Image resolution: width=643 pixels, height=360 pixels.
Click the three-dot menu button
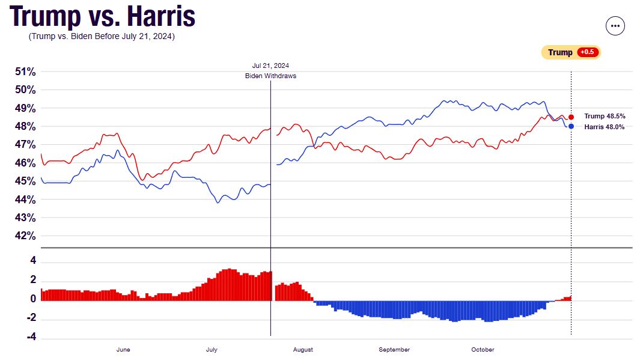point(615,26)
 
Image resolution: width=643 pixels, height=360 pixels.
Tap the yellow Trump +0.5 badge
point(571,52)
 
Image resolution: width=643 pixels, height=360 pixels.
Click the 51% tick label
point(25,72)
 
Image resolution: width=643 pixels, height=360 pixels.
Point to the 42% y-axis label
point(25,236)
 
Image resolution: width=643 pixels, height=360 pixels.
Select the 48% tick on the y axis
point(25,127)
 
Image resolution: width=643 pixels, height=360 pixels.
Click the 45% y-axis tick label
point(25,181)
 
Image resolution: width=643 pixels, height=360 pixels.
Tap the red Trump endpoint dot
point(571,117)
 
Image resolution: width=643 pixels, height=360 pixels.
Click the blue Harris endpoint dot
point(571,126)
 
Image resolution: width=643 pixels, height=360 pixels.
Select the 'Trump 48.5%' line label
point(605,117)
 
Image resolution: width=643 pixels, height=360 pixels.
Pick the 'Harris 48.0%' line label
point(605,127)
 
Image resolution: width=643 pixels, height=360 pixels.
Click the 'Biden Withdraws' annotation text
point(270,76)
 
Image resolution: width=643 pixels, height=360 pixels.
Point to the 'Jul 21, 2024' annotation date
point(270,66)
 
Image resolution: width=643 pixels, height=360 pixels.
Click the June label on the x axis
point(123,350)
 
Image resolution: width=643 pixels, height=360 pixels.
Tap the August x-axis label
point(303,350)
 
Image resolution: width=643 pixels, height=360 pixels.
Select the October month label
point(483,350)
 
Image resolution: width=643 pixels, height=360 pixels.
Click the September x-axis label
point(395,350)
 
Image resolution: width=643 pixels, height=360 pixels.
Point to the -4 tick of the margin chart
point(31,337)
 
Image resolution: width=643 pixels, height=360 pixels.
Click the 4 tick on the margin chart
point(33,261)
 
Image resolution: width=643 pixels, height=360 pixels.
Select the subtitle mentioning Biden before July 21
point(102,37)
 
